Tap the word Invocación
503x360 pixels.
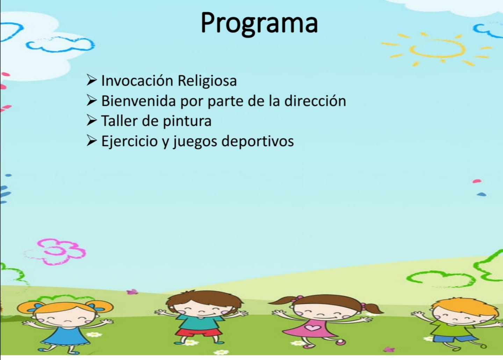[x=137, y=81]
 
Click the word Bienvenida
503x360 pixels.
[x=138, y=101]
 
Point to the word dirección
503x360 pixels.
[x=315, y=101]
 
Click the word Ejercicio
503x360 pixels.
[x=129, y=142]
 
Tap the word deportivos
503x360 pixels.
[x=258, y=142]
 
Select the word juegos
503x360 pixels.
[x=195, y=142]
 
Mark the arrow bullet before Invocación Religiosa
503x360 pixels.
[x=92, y=80]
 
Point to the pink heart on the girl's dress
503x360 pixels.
[x=313, y=327]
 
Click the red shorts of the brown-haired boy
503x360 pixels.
[x=199, y=332]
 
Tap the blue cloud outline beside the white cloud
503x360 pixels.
[x=60, y=44]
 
